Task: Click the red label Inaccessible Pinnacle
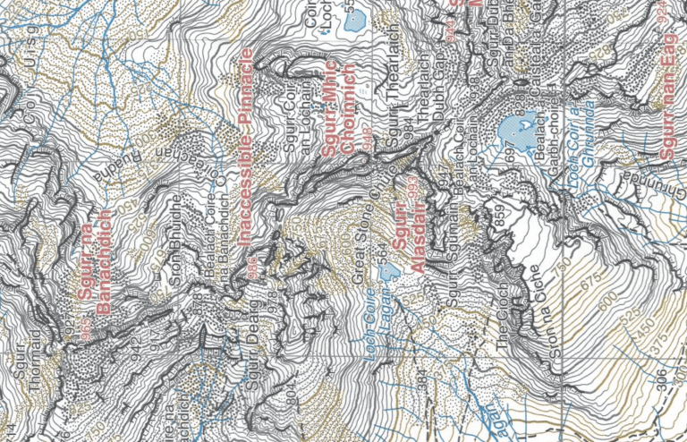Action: [x=248, y=149]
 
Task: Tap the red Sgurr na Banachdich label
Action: [x=98, y=261]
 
